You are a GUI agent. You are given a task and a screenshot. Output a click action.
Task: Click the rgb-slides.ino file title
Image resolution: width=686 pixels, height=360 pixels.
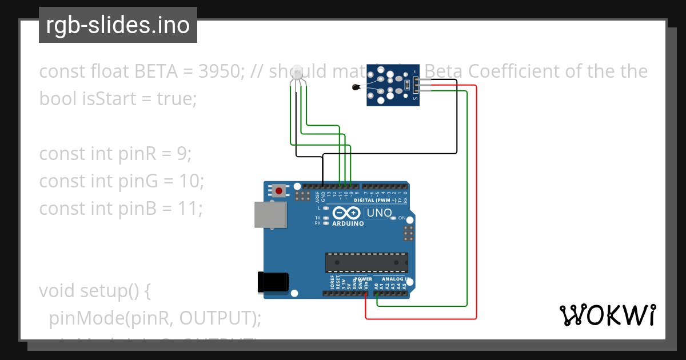(118, 25)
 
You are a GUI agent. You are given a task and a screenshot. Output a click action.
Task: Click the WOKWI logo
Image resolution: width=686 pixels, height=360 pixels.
(607, 315)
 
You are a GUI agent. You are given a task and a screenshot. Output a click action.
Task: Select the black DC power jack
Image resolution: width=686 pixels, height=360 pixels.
(273, 283)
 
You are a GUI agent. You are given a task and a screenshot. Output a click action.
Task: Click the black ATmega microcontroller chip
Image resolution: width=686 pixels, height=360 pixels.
(366, 262)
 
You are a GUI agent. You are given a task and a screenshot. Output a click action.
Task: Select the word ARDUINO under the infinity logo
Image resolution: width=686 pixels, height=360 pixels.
(348, 223)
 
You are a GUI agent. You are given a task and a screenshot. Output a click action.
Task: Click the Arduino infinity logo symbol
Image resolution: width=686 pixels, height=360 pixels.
(346, 213)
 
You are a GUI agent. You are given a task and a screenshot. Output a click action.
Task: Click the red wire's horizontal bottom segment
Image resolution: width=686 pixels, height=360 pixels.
(421, 318)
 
